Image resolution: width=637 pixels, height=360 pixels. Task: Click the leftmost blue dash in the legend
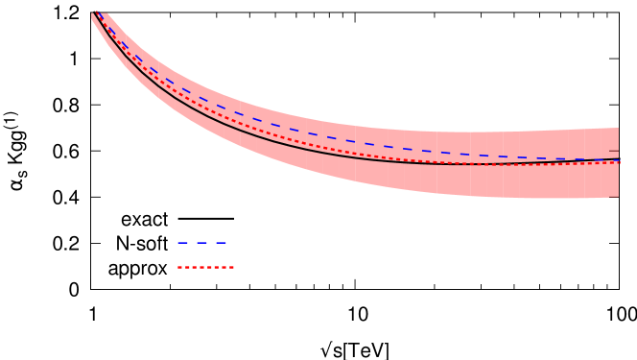[x=182, y=242]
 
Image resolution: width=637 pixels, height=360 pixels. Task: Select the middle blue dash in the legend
[x=201, y=242]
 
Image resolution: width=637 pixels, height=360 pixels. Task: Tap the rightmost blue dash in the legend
[x=221, y=242]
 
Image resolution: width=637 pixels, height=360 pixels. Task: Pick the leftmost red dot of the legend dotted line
[x=179, y=267]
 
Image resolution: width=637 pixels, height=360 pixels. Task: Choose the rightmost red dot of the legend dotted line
[x=231, y=267]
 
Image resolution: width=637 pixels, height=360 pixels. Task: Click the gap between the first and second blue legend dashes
[x=192, y=242]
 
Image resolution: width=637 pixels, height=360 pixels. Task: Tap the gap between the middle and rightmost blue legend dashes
[x=211, y=242]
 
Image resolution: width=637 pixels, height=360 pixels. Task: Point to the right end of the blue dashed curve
[x=618, y=158]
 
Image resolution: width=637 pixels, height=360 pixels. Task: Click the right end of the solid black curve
[x=619, y=160]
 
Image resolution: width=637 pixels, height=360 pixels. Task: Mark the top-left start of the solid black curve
[x=93, y=16]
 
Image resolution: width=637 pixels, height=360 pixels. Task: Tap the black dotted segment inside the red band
[x=480, y=164]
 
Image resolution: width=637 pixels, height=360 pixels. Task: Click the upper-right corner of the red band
[x=618, y=129]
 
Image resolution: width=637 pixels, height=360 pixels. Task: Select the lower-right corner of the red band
[x=618, y=196]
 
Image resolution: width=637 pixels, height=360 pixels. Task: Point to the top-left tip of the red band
[x=93, y=14]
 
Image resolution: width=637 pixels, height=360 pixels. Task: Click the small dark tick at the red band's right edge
[x=614, y=151]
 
